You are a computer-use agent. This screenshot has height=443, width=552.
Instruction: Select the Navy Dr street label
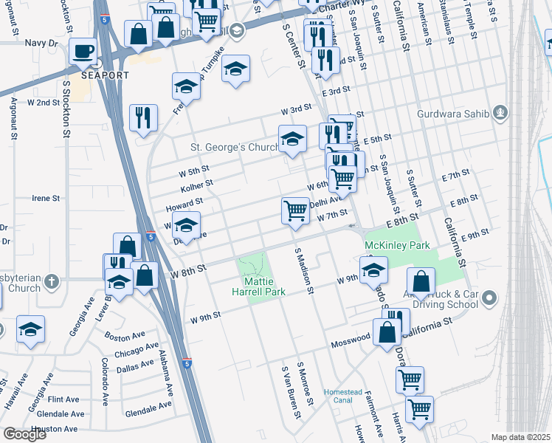41,44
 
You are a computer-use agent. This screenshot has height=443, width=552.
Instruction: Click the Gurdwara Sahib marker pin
501,112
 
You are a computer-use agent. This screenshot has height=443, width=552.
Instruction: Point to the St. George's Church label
234,148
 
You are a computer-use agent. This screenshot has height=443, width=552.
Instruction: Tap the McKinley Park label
396,244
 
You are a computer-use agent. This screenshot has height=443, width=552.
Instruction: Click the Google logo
24,434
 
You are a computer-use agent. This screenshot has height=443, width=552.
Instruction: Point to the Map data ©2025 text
520,437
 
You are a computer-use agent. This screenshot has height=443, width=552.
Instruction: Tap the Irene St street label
45,199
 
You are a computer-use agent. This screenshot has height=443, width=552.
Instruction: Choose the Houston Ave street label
55,428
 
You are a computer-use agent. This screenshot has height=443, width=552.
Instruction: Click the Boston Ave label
120,337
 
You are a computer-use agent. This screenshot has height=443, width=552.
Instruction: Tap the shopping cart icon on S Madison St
295,210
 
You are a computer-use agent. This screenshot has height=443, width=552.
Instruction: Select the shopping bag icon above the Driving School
420,281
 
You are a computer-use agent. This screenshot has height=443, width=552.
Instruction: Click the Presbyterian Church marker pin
51,282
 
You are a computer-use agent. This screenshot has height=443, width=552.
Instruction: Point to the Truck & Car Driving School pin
492,298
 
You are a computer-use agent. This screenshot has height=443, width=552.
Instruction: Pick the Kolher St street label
196,184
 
